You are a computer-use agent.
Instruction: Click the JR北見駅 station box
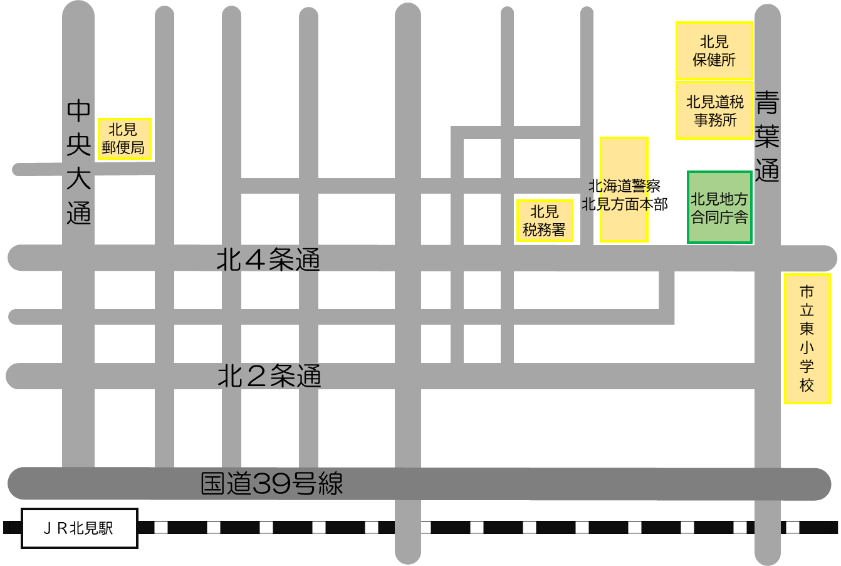point(80,528)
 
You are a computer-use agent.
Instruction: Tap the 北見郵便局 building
point(124,139)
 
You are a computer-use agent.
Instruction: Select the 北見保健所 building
point(714,51)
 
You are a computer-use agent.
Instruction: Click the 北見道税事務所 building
point(714,111)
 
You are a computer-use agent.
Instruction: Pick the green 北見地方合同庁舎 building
point(719,207)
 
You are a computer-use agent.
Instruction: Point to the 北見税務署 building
point(544,221)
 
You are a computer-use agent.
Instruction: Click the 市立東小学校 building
point(807,338)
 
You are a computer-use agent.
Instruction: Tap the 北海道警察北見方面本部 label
point(624,195)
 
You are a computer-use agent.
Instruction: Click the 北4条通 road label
point(268,259)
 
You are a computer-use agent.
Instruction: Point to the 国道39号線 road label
point(272,484)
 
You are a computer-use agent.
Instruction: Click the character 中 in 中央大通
point(79,111)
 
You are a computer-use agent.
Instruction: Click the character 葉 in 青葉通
point(767,136)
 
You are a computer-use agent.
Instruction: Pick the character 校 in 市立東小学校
point(807,385)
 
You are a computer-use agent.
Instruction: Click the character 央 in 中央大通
point(79,144)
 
